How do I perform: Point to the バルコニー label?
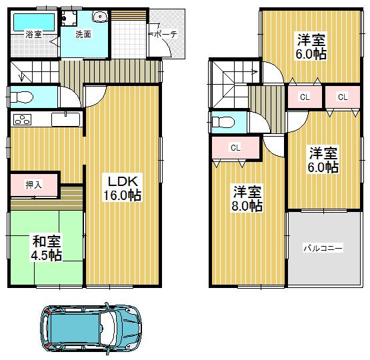[323, 248]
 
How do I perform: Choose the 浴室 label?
[33, 34]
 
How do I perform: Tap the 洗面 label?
[83, 34]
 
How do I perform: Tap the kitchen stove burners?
[21, 120]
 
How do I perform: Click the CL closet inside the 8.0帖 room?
[235, 147]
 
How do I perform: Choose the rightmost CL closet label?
[343, 97]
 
